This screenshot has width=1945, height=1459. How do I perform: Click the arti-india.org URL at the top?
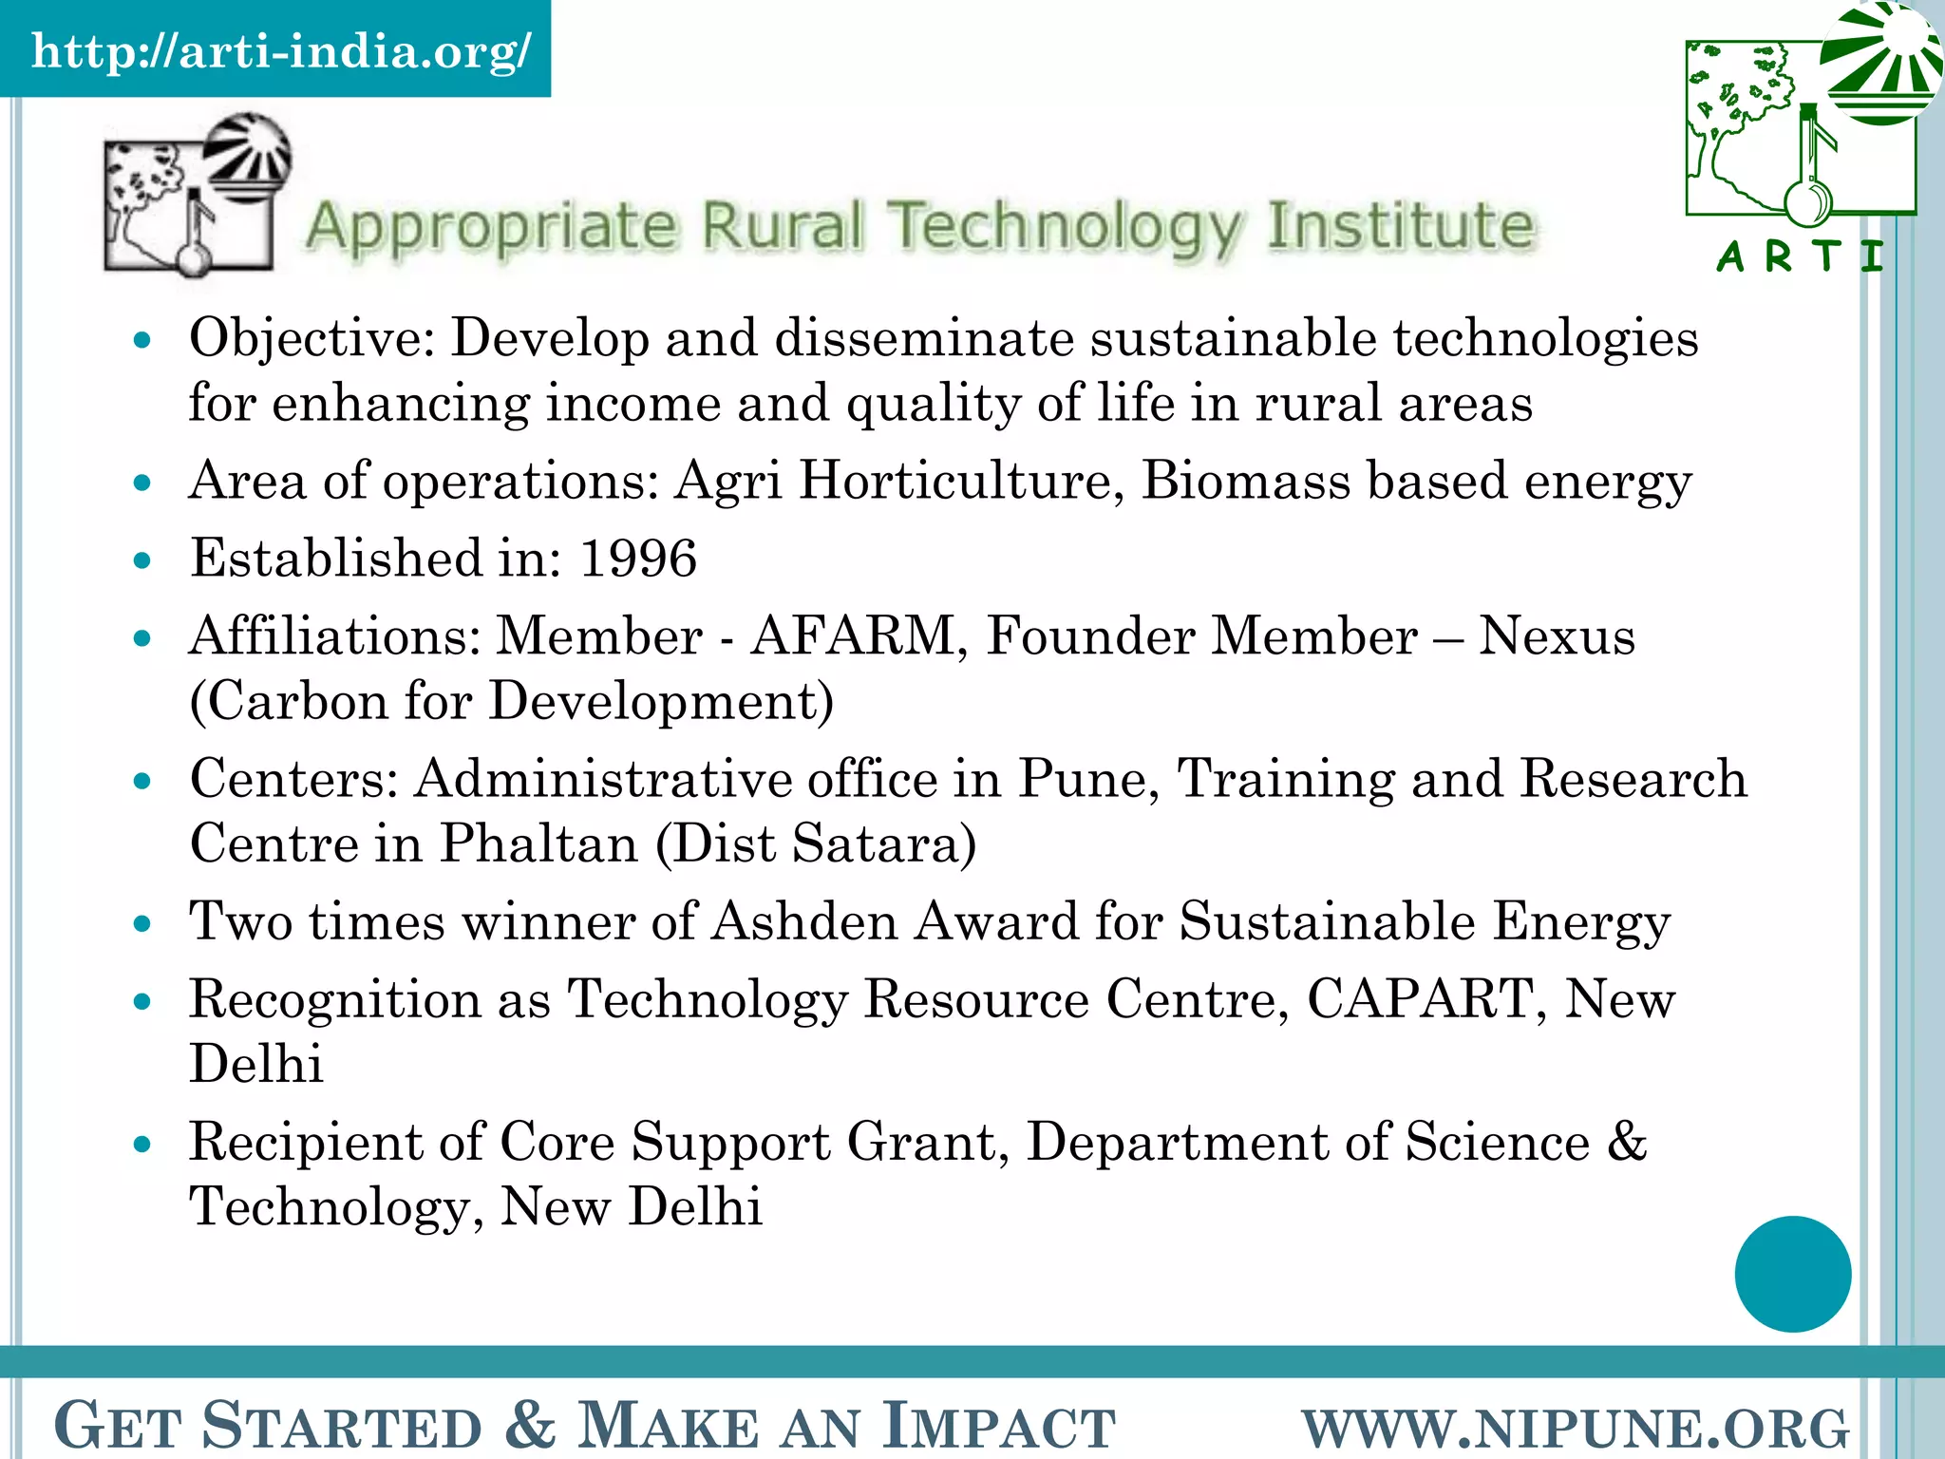tap(281, 50)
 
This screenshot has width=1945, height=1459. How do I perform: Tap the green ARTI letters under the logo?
tap(1800, 256)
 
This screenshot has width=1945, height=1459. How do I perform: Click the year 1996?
tap(638, 558)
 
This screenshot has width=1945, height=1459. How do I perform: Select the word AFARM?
tap(853, 635)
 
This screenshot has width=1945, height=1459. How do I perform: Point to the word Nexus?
tap(1557, 635)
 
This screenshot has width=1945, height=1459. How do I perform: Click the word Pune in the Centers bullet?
tap(1086, 779)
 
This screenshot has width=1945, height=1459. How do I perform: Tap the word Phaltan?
tap(538, 843)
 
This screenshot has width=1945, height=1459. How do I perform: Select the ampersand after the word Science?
tap(1627, 1141)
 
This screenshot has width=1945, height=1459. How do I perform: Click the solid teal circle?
tap(1792, 1274)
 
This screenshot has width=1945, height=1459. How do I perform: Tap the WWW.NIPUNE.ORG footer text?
tap(1576, 1427)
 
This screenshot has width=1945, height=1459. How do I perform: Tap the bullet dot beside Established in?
tap(143, 560)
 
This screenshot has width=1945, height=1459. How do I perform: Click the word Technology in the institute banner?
tap(1065, 227)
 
